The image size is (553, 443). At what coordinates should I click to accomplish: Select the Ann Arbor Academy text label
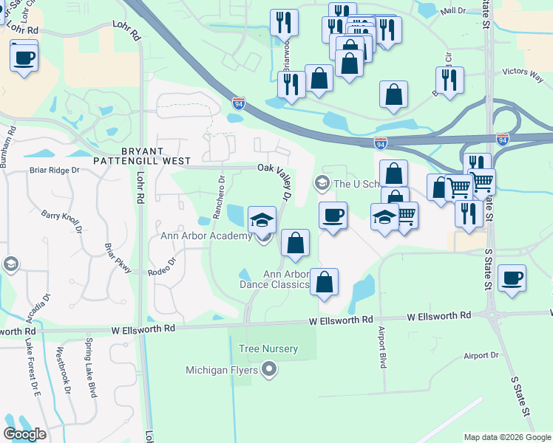point(206,236)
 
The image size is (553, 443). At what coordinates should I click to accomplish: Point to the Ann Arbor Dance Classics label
point(276,279)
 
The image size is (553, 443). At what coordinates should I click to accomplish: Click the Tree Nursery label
point(268,348)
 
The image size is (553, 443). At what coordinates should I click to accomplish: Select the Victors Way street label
point(523,72)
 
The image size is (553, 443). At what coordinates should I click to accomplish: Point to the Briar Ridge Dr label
point(54,170)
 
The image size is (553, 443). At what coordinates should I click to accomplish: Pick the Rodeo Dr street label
point(163,267)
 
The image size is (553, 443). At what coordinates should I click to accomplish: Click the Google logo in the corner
point(25,434)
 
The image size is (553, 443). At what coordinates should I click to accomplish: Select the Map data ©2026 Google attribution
point(507,437)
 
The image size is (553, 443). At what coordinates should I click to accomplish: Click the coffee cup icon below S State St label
point(512,278)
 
